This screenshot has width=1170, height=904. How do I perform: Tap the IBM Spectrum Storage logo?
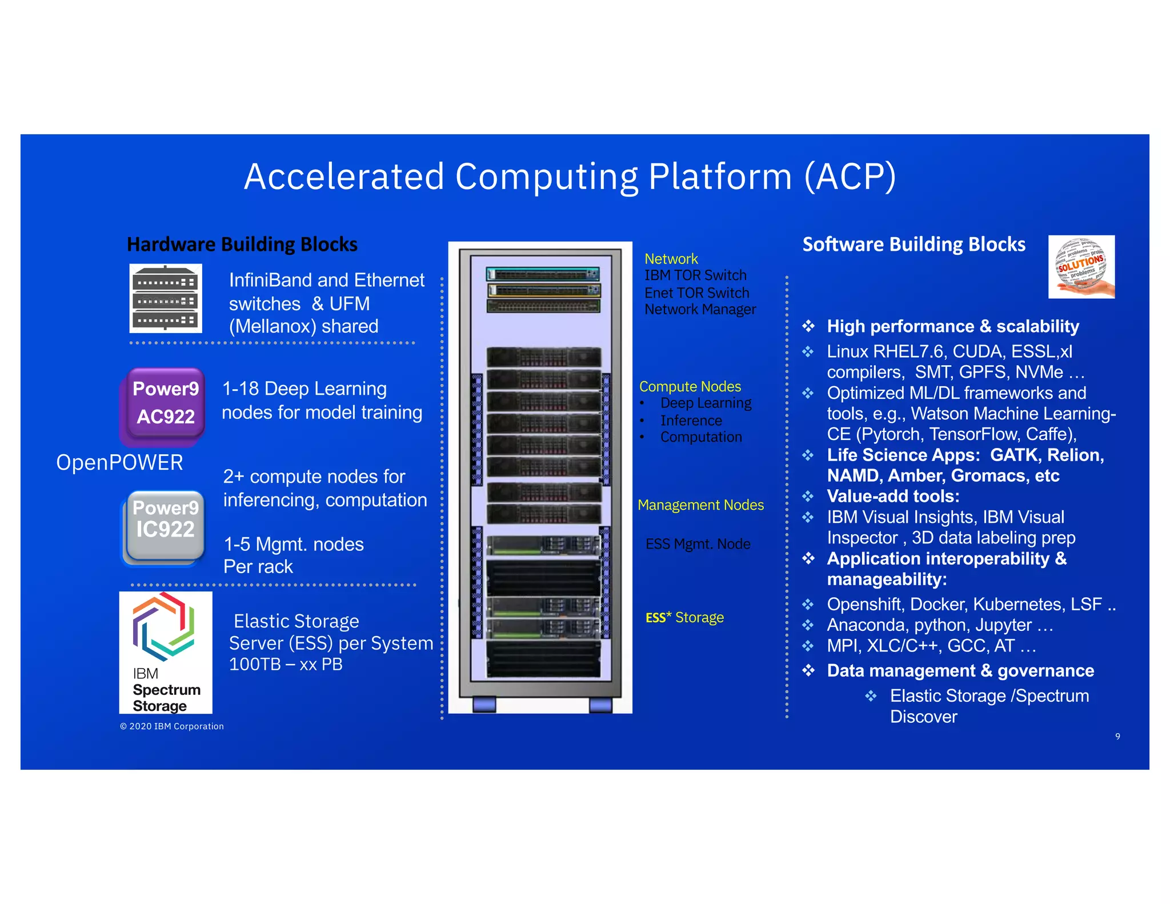(x=166, y=653)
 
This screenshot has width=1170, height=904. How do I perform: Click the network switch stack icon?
(x=166, y=298)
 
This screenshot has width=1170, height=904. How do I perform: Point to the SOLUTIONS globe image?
(x=1081, y=266)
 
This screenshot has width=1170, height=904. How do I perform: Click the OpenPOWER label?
(x=119, y=462)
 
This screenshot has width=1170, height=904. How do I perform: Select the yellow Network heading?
(x=671, y=259)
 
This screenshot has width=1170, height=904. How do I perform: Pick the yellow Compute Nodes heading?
(x=690, y=386)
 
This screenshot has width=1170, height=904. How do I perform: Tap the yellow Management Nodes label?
(x=700, y=505)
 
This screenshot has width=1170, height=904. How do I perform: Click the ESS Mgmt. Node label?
(x=698, y=544)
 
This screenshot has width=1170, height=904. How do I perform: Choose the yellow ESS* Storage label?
(x=684, y=618)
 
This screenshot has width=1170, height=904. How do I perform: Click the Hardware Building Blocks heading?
(x=242, y=245)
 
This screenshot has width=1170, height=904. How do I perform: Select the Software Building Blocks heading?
(x=913, y=245)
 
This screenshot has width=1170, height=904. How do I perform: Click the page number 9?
(x=1117, y=737)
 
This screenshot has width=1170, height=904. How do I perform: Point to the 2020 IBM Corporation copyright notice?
(x=172, y=726)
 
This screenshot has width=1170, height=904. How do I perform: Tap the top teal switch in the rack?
(x=542, y=274)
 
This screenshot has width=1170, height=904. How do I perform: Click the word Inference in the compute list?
(x=691, y=421)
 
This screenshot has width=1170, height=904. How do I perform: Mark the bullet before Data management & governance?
(x=808, y=670)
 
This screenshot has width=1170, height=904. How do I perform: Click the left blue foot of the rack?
(x=484, y=705)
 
